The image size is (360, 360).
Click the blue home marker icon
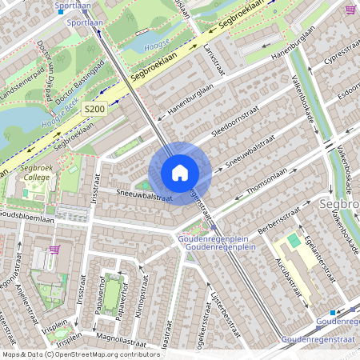(180, 173)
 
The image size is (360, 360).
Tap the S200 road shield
(94, 110)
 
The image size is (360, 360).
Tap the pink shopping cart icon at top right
(350, 10)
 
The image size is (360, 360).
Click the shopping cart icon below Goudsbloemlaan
(54, 249)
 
